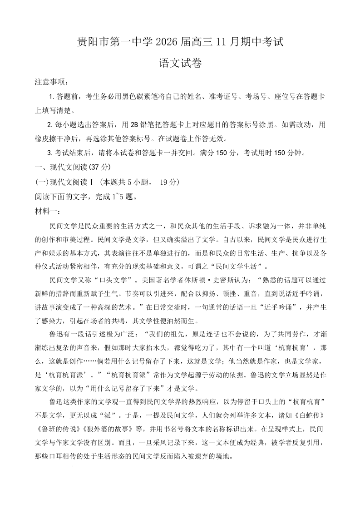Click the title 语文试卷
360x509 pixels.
180,63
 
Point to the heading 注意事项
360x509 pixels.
51,82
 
